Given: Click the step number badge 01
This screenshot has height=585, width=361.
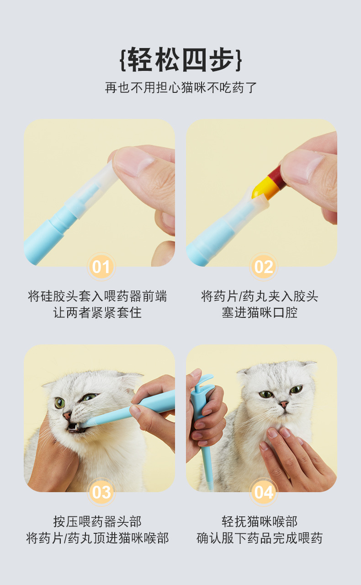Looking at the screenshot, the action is pyautogui.click(x=101, y=267).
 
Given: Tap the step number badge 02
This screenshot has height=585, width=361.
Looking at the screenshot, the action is pyautogui.click(x=264, y=267).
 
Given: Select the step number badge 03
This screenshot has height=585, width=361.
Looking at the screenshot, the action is pyautogui.click(x=101, y=492).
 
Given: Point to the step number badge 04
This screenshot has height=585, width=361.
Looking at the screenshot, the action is pyautogui.click(x=264, y=492).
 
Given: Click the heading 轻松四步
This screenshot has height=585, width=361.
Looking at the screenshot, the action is pyautogui.click(x=180, y=59).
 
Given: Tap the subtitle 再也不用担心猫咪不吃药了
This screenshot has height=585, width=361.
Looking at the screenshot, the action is pyautogui.click(x=181, y=87).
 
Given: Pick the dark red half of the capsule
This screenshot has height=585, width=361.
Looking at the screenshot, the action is pyautogui.click(x=277, y=177).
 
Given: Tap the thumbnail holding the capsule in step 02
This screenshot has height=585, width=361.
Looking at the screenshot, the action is pyautogui.click(x=303, y=166).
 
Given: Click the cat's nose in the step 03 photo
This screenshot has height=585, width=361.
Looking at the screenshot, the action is pyautogui.click(x=67, y=415).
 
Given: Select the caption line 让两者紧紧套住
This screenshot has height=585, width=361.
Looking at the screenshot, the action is pyautogui.click(x=97, y=312).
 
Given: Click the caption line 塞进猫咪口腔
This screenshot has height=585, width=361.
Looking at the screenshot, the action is pyautogui.click(x=260, y=312).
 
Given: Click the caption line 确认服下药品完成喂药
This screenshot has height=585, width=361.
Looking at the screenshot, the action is pyautogui.click(x=260, y=538).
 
